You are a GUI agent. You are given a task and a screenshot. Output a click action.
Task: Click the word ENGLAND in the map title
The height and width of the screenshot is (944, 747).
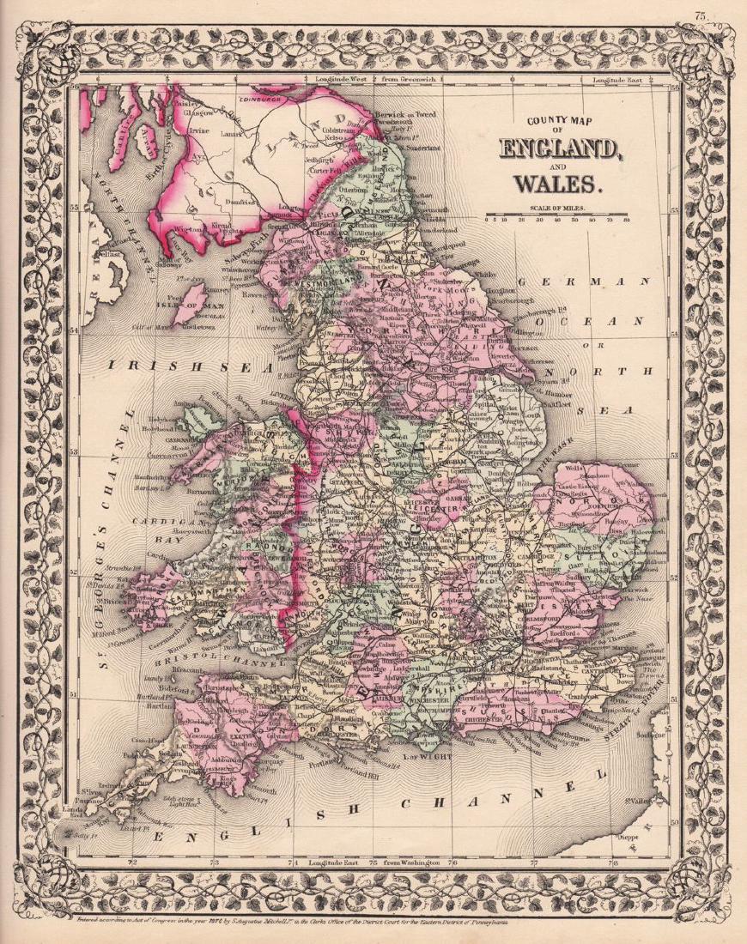(559, 149)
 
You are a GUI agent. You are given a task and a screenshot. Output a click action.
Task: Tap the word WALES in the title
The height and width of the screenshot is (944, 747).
(557, 183)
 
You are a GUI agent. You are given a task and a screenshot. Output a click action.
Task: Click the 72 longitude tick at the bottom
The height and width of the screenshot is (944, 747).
(131, 861)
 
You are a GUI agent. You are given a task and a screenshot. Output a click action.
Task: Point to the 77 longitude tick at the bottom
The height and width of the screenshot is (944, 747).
(533, 861)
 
